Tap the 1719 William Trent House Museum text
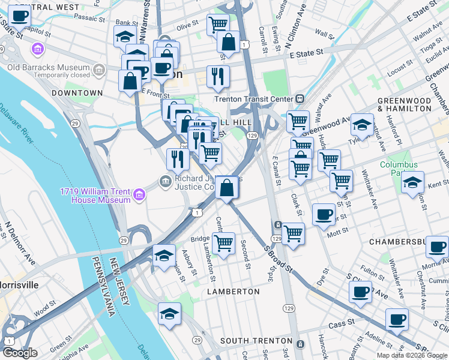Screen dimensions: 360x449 (x=95, y=196)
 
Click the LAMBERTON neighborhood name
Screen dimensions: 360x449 (x=234, y=291)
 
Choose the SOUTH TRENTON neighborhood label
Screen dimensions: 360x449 (x=256, y=341)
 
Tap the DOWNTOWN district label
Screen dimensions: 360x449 (x=77, y=93)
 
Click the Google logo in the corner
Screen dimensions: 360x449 (x=20, y=353)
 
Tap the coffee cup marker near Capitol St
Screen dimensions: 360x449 (x=19, y=17)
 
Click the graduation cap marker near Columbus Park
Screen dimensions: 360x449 (x=412, y=182)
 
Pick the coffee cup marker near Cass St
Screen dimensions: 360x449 (x=396, y=320)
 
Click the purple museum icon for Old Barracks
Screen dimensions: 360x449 (x=37, y=49)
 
